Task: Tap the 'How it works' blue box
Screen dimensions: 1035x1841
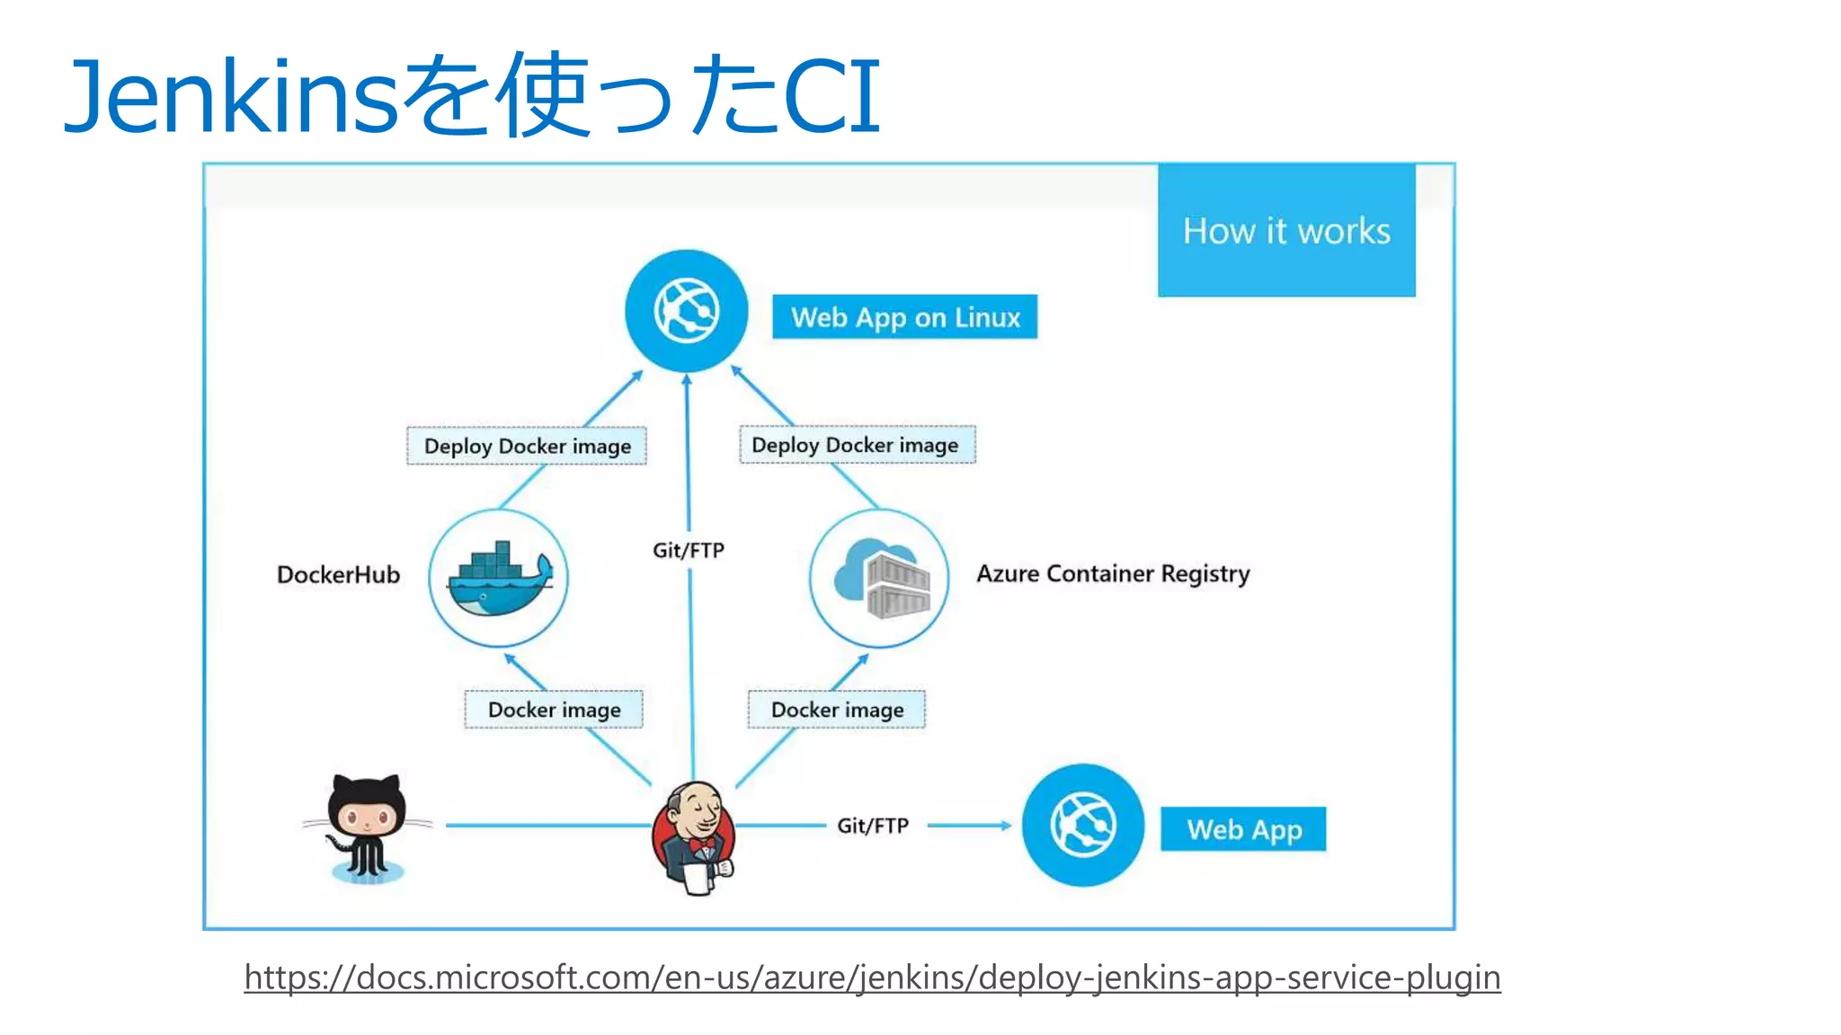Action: [1285, 230]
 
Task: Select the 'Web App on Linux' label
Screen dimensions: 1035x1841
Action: [904, 317]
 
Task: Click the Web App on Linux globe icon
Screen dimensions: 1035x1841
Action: [686, 311]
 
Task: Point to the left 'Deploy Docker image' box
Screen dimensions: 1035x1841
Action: [527, 446]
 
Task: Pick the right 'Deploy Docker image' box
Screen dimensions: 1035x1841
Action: [856, 445]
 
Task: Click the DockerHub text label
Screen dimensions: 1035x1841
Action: [338, 575]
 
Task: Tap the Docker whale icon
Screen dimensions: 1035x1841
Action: [499, 578]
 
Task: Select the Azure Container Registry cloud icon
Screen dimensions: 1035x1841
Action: [879, 578]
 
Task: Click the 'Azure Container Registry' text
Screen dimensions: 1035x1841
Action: [1113, 574]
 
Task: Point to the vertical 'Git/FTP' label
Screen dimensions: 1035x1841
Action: [689, 550]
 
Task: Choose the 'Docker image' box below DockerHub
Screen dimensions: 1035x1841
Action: [554, 710]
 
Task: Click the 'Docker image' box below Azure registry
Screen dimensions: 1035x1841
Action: [837, 710]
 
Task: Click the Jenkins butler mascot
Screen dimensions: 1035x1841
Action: [693, 836]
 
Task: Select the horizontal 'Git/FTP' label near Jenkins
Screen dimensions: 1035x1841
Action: [873, 826]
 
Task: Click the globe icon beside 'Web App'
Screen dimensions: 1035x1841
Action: [1082, 825]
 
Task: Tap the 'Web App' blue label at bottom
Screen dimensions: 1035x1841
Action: [1243, 829]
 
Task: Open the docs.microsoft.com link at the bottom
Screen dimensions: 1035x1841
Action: [872, 977]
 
